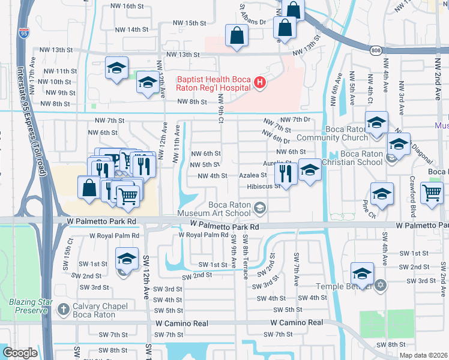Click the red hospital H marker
coord(260,83)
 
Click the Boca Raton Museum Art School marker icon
coord(260,209)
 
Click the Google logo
coord(20,353)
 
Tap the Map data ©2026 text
coord(424,355)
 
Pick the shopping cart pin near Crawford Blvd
coord(432,194)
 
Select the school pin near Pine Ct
coord(382,194)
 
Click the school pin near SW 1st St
coord(127,259)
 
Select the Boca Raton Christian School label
coord(352,158)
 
